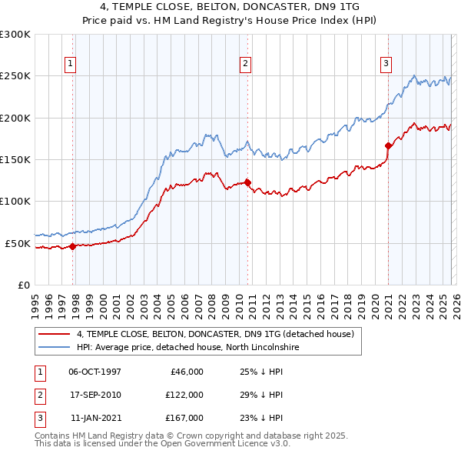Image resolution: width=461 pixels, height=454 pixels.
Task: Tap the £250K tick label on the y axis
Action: click(x=15, y=76)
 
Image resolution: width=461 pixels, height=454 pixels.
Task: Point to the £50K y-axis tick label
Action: click(x=18, y=243)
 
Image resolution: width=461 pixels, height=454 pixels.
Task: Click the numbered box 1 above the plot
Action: click(x=70, y=65)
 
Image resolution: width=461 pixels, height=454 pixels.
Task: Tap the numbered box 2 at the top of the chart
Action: click(x=245, y=65)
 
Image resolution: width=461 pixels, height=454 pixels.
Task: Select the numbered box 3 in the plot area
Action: click(x=386, y=65)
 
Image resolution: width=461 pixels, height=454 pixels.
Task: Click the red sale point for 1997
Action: click(x=73, y=246)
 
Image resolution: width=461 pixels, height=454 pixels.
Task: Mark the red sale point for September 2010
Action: click(x=248, y=182)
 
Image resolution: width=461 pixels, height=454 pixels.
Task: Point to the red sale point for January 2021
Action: click(x=388, y=145)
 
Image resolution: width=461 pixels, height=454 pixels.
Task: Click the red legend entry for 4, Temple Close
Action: click(x=215, y=334)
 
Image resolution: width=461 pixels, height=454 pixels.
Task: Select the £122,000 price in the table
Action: click(x=184, y=395)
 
